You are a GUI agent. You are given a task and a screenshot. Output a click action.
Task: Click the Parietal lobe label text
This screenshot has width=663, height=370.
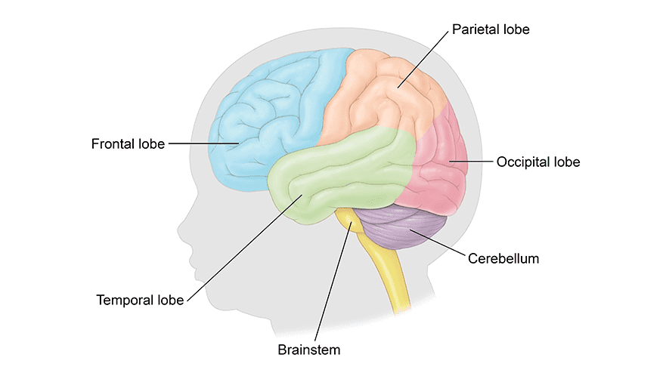pos(491,30)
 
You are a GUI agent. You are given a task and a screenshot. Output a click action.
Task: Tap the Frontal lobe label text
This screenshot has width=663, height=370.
pos(128,143)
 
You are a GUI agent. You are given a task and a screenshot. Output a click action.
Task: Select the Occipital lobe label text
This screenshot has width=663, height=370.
pos(538,162)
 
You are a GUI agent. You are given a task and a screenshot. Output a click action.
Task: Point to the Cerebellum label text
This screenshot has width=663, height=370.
pos(503,258)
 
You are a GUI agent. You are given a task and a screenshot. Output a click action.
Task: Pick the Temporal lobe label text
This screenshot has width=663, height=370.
pos(141,300)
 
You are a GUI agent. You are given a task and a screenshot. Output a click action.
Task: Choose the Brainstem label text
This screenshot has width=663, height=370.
pos(309,350)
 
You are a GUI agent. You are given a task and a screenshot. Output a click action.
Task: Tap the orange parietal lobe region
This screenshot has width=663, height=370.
pos(378,98)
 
